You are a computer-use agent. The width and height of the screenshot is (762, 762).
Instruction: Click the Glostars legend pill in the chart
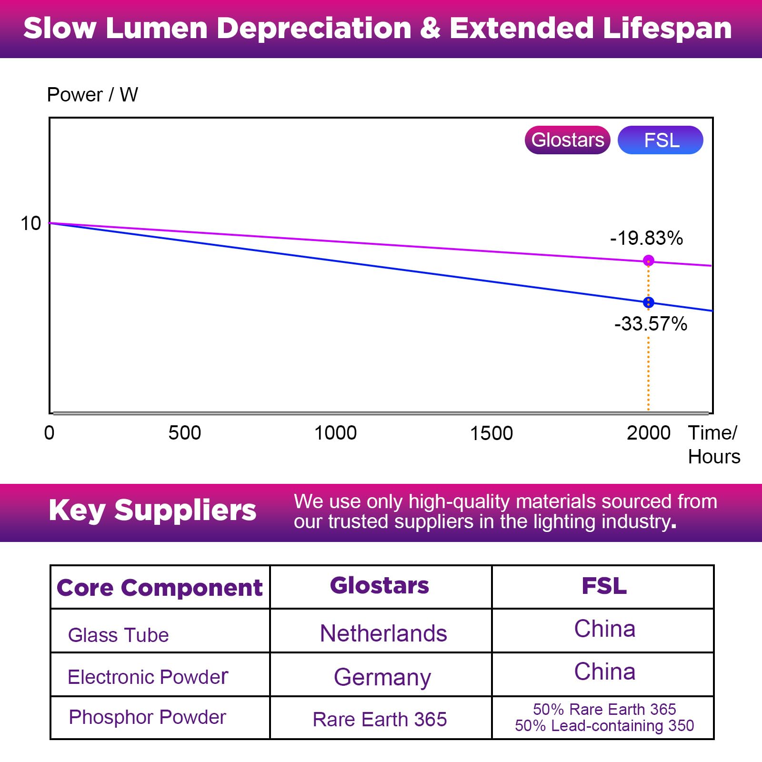tap(567, 140)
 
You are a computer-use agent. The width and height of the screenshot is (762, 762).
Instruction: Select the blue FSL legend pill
tap(661, 140)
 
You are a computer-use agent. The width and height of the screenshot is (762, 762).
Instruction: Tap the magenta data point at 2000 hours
tap(648, 261)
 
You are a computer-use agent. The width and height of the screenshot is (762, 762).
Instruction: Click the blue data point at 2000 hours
tap(648, 302)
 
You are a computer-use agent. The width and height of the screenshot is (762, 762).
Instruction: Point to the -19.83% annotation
tap(646, 238)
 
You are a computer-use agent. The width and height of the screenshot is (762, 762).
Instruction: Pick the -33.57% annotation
tap(651, 324)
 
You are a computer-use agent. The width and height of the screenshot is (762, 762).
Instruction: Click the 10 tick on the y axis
tap(31, 223)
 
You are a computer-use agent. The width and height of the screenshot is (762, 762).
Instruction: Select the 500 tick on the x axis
tap(185, 433)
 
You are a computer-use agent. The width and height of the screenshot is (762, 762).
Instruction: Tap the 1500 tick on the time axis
tap(491, 433)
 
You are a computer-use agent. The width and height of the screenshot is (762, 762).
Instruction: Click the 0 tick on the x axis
tap(49, 433)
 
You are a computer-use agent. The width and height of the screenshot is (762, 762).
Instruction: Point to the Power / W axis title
tap(92, 95)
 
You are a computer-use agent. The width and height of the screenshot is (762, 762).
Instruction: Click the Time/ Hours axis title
tap(714, 445)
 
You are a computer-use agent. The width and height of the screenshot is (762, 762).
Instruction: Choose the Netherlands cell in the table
tap(383, 633)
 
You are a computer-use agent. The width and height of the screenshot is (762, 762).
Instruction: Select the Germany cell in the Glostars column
tap(382, 677)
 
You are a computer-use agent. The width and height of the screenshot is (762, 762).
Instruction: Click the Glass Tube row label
tap(118, 635)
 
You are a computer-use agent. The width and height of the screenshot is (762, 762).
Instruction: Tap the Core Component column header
tap(160, 588)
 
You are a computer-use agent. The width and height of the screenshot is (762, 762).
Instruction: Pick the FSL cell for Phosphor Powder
tap(604, 717)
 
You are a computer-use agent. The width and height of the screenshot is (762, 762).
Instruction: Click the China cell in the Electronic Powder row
tap(604, 672)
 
